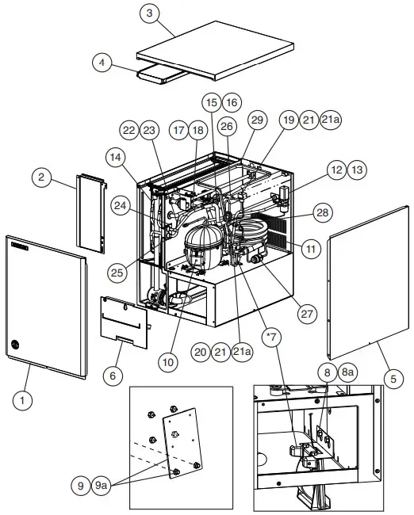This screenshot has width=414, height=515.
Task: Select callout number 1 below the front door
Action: [23, 401]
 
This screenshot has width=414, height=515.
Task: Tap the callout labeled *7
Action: [271, 339]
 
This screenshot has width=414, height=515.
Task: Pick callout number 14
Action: [116, 158]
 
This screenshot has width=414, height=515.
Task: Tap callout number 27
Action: [306, 313]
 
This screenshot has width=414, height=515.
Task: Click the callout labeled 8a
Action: [347, 371]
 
